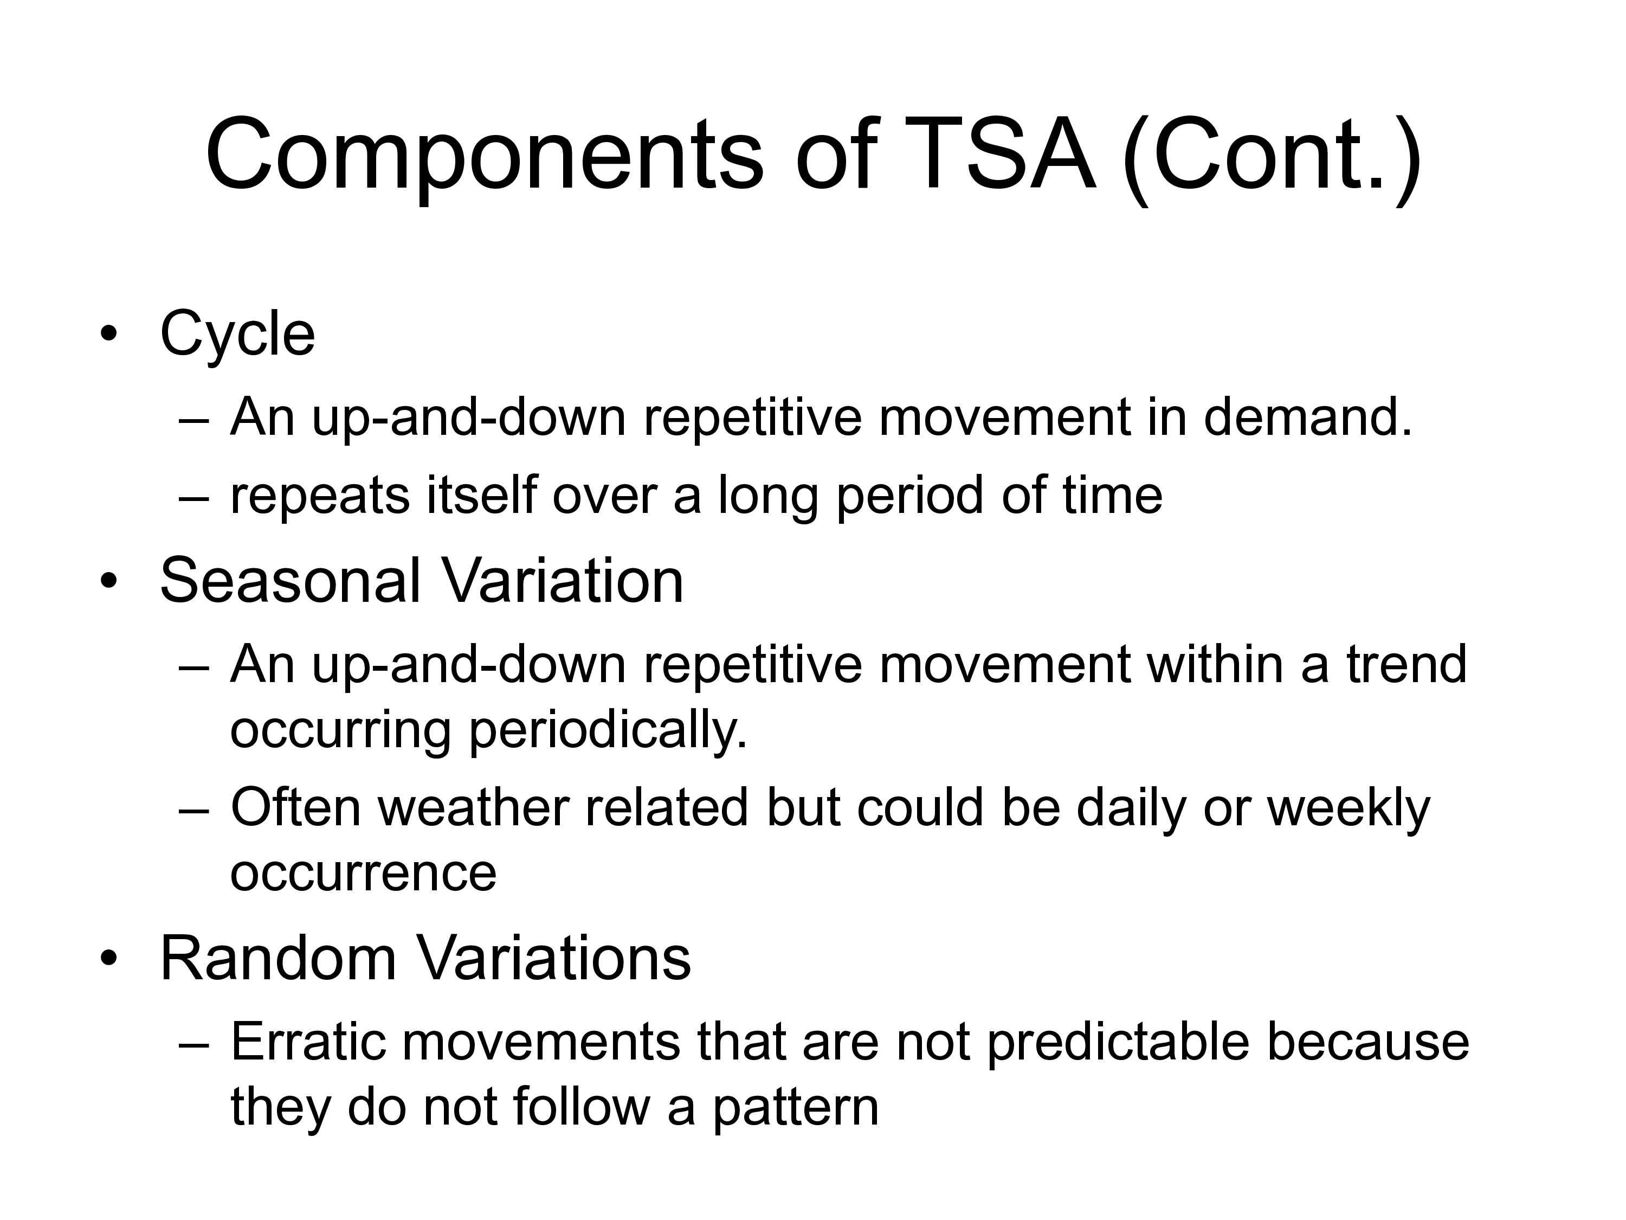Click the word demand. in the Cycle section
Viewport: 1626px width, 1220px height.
(x=1308, y=418)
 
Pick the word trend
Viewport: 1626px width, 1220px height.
(x=1406, y=664)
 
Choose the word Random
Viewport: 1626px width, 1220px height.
(x=279, y=959)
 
